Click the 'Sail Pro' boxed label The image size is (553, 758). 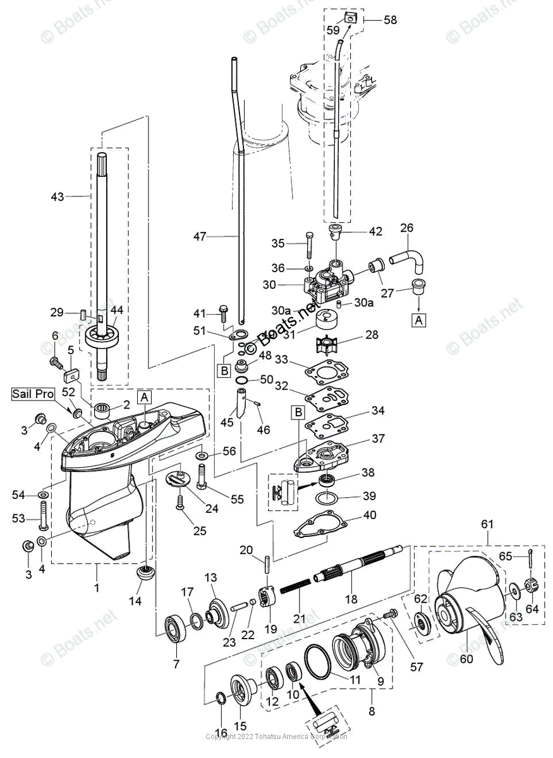click(x=31, y=394)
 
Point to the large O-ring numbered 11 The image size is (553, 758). click(x=322, y=660)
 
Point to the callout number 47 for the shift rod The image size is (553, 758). click(x=201, y=237)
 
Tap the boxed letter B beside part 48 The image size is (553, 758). click(x=224, y=371)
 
